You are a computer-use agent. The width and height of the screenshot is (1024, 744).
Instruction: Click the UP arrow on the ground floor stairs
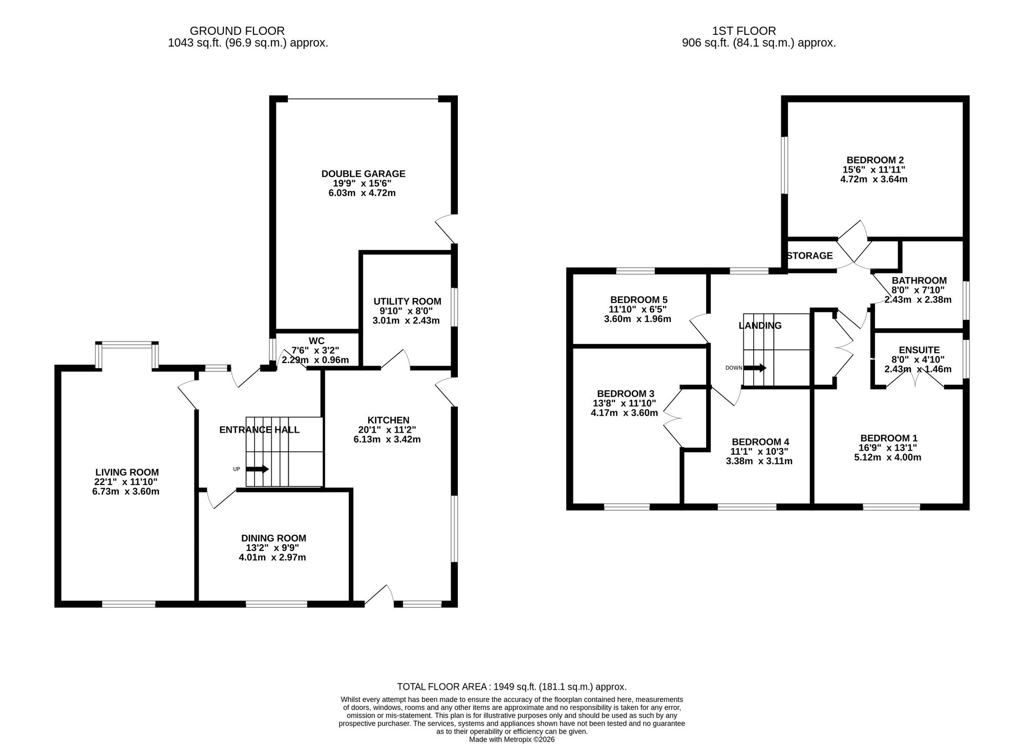pyautogui.click(x=258, y=469)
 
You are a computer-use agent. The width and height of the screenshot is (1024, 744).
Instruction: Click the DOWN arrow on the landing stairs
pyautogui.click(x=755, y=368)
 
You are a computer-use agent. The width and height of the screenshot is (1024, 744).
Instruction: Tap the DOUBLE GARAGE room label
pyautogui.click(x=363, y=174)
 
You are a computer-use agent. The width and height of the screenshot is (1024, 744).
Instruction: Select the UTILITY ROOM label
pyautogui.click(x=407, y=302)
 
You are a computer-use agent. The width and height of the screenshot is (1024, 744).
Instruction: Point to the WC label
pyautogui.click(x=316, y=341)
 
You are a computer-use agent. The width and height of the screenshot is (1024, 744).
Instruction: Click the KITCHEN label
pyautogui.click(x=388, y=420)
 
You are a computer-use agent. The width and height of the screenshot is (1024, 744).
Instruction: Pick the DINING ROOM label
pyautogui.click(x=273, y=538)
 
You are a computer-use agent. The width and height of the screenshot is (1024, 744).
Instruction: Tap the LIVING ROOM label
pyautogui.click(x=127, y=472)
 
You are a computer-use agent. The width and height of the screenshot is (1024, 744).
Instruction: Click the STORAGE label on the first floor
pyautogui.click(x=809, y=256)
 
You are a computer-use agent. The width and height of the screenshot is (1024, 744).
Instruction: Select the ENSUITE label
pyautogui.click(x=919, y=350)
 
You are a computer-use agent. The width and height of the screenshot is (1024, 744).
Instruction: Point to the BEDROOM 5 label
pyautogui.click(x=638, y=300)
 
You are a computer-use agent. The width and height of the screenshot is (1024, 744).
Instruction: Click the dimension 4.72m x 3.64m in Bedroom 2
pyautogui.click(x=873, y=179)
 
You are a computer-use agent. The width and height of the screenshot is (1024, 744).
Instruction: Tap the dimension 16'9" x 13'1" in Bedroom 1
pyautogui.click(x=888, y=448)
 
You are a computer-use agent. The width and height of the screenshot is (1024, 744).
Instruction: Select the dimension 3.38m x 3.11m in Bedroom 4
pyautogui.click(x=759, y=461)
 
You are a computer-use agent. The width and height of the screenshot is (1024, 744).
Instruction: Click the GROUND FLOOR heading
pyautogui.click(x=237, y=31)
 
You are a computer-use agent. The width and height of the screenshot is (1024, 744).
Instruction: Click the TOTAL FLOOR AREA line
pyautogui.click(x=512, y=687)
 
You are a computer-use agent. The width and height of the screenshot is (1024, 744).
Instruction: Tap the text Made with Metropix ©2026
pyautogui.click(x=512, y=739)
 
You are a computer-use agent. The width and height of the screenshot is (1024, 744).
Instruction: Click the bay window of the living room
pyautogui.click(x=126, y=354)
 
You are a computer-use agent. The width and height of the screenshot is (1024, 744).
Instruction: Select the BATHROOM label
pyautogui.click(x=919, y=281)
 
